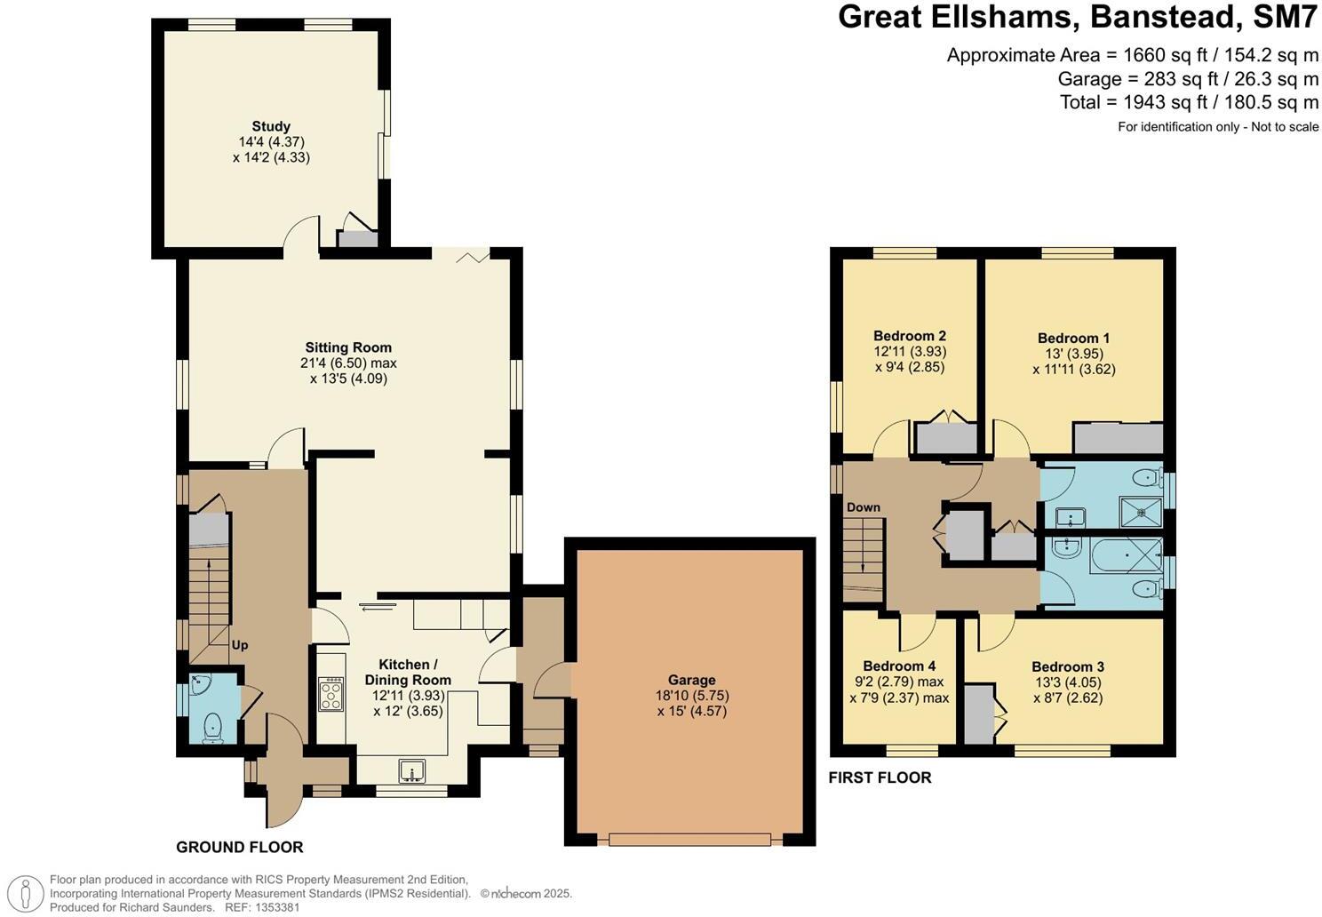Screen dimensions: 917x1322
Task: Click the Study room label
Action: click(271, 127)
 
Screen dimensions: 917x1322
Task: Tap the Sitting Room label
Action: click(348, 347)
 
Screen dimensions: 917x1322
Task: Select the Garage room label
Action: click(691, 681)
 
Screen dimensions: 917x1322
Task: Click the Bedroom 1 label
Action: click(1073, 338)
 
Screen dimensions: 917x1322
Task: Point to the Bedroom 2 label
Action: click(909, 336)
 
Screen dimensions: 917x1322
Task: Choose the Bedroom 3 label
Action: click(1067, 666)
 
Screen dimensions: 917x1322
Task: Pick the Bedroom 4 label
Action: click(899, 666)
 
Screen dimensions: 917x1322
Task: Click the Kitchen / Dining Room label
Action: click(408, 673)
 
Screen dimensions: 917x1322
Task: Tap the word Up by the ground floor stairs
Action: click(240, 645)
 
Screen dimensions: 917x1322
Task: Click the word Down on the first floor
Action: click(863, 507)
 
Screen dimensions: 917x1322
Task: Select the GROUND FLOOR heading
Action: click(239, 847)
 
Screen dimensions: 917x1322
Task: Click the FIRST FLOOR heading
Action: click(880, 777)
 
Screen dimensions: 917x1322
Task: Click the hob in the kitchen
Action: click(331, 694)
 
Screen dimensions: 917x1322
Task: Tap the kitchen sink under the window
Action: click(412, 769)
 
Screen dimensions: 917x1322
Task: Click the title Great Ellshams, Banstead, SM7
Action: click(1078, 18)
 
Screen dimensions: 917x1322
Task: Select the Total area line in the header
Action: click(1189, 102)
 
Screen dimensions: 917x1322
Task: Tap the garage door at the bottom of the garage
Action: click(689, 839)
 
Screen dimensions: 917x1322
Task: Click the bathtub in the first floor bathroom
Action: click(1103, 558)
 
